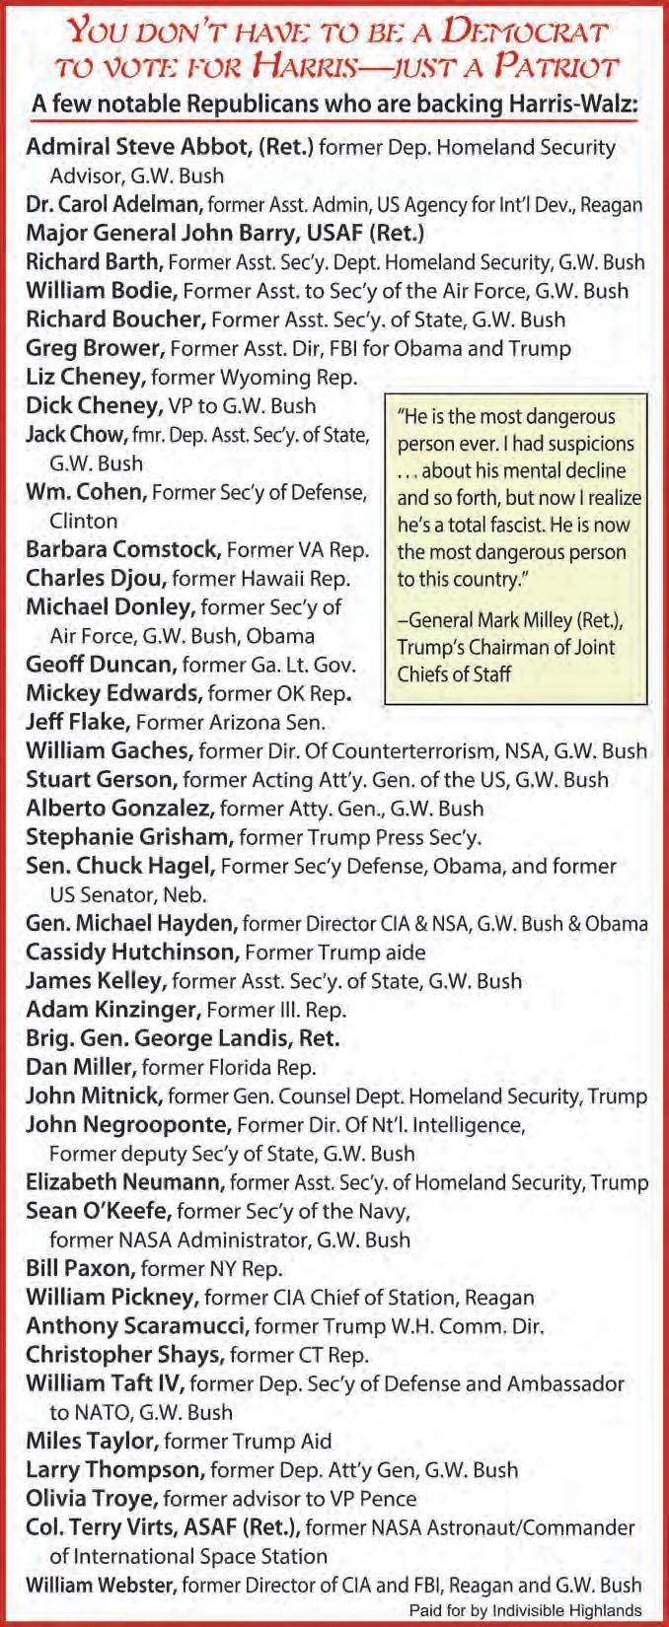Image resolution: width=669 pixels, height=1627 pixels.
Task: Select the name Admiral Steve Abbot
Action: pyautogui.click(x=138, y=147)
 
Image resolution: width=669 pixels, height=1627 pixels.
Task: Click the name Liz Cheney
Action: pyautogui.click(x=85, y=376)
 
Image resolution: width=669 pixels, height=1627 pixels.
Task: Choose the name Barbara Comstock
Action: pyautogui.click(x=122, y=548)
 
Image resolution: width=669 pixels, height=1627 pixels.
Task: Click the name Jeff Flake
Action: pyautogui.click(x=77, y=721)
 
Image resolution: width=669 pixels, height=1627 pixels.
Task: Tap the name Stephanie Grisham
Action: pyautogui.click(x=129, y=837)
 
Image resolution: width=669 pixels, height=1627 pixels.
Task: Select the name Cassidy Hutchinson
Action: pyautogui.click(x=132, y=952)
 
